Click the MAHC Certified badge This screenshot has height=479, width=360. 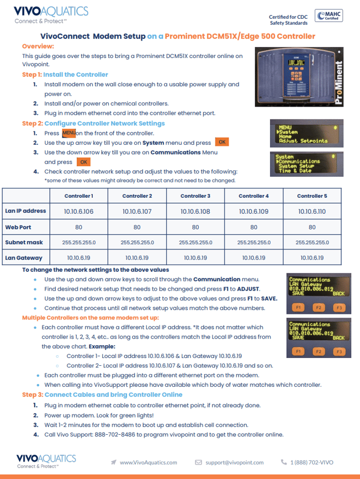click(x=327, y=16)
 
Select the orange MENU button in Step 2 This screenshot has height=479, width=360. click(x=68, y=133)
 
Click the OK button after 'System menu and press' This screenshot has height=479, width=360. click(x=221, y=143)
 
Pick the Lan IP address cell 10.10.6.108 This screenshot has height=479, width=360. click(x=195, y=211)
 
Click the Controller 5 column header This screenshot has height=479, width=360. click(x=312, y=196)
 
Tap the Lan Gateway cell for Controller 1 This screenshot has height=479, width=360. click(x=79, y=257)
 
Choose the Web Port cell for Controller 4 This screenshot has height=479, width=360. click(x=253, y=227)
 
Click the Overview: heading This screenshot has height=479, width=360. click(x=38, y=46)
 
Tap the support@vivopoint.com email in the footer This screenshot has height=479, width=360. click(x=235, y=462)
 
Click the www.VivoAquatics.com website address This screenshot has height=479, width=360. click(x=148, y=462)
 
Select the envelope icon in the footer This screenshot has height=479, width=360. click(x=198, y=462)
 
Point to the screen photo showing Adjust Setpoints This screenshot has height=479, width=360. click(x=303, y=133)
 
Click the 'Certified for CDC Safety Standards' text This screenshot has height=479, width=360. click(x=289, y=20)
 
